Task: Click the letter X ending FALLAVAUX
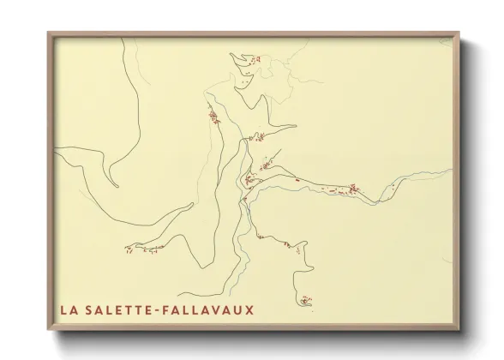[249, 309]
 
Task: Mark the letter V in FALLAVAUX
[219, 309]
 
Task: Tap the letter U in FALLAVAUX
[239, 309]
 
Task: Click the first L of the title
[63, 309]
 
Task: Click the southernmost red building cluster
[306, 300]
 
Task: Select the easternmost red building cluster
[351, 189]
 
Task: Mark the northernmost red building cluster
[254, 59]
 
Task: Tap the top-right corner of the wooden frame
[459, 33]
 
